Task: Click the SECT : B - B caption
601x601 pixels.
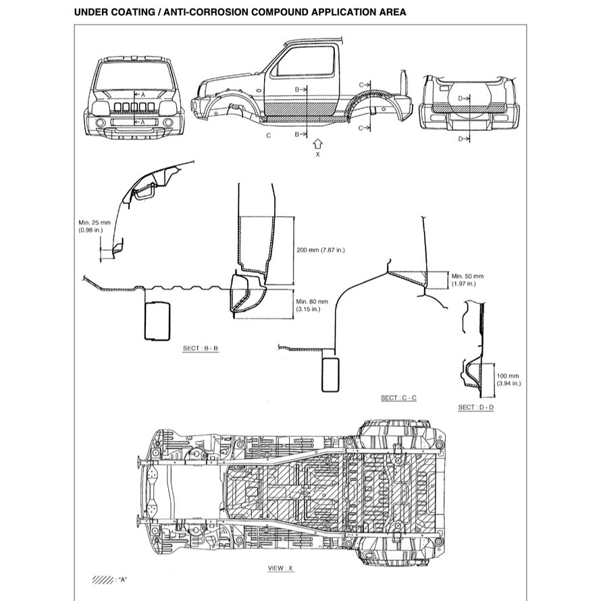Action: [x=201, y=348]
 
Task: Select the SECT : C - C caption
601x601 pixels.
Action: [x=398, y=398]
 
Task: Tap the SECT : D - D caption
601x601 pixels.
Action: [x=475, y=407]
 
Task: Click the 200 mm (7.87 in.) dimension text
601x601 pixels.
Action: [x=321, y=250]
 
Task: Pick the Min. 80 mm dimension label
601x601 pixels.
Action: [x=311, y=301]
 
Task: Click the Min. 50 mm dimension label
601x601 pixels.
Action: [x=467, y=276]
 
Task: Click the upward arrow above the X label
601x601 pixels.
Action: [x=318, y=143]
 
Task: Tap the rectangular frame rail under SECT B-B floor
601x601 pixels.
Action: [x=157, y=320]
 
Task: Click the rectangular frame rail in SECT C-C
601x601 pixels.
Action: [x=331, y=374]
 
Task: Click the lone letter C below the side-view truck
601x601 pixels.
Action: [x=268, y=135]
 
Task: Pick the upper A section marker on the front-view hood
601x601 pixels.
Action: [x=140, y=95]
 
